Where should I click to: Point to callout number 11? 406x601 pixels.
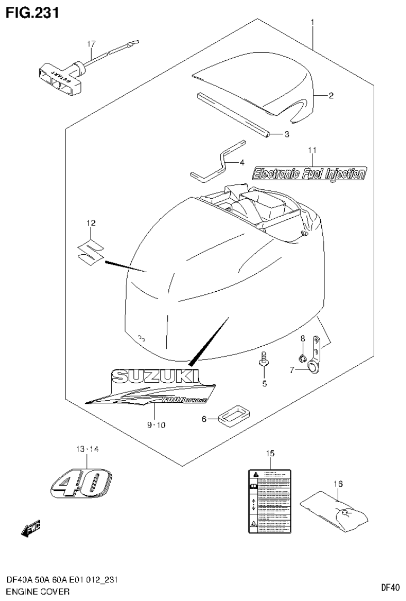312,151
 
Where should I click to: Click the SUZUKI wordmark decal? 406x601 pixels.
155,376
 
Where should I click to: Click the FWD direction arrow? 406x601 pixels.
30,529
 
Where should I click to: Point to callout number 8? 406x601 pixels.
303,338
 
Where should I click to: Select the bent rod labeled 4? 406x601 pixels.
218,160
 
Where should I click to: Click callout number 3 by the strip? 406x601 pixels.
286,134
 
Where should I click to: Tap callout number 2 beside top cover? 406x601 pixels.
330,96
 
